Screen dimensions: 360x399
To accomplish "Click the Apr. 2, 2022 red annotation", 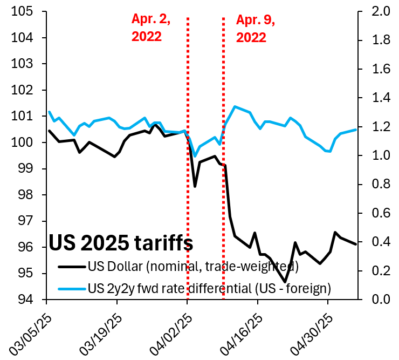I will click(x=151, y=28).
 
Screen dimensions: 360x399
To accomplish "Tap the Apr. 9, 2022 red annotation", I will click(x=256, y=28).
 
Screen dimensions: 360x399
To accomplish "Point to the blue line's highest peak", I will click(x=235, y=106).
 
